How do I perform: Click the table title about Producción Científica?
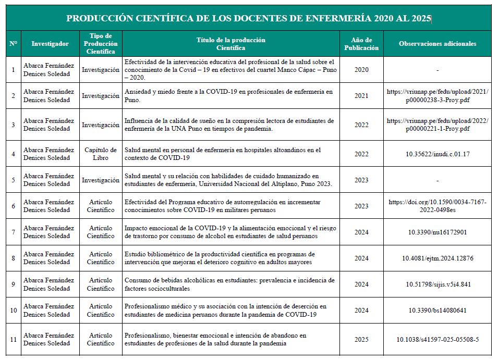[x=249, y=18]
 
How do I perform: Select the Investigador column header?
[x=50, y=44]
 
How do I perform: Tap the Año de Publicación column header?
[x=361, y=44]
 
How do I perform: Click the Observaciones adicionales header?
[x=438, y=44]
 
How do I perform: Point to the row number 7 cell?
[x=14, y=232]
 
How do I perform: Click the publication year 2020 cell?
[x=361, y=69]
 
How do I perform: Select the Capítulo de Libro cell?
[x=101, y=154]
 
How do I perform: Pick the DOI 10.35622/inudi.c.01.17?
[x=438, y=154]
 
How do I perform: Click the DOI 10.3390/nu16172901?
[x=438, y=232]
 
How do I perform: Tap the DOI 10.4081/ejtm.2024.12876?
[x=438, y=258]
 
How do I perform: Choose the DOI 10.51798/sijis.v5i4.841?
[x=438, y=284]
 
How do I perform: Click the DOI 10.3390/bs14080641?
[x=438, y=311]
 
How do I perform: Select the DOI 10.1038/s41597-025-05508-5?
[x=438, y=340]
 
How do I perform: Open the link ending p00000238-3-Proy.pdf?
[x=438, y=96]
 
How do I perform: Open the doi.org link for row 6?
[x=438, y=206]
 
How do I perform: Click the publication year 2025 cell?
[x=361, y=340]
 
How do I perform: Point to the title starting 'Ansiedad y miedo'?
[x=228, y=96]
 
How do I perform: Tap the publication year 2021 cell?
[x=361, y=96]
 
